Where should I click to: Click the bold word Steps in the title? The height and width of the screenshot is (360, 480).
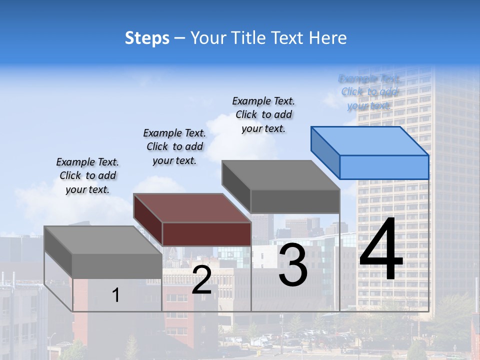147,38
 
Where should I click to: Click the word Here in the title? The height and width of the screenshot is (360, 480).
327,38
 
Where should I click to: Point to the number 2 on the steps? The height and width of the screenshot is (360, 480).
201,280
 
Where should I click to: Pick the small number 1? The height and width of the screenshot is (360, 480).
116,295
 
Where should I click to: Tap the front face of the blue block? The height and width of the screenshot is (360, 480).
384,167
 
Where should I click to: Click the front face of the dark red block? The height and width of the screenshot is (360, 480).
206,234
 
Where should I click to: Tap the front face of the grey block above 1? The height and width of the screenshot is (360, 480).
117,266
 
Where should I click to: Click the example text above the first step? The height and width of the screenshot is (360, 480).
88,175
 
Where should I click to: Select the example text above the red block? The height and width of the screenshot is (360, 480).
174,146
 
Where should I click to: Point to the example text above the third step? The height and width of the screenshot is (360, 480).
263,114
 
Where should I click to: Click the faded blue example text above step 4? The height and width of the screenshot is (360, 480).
369,92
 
